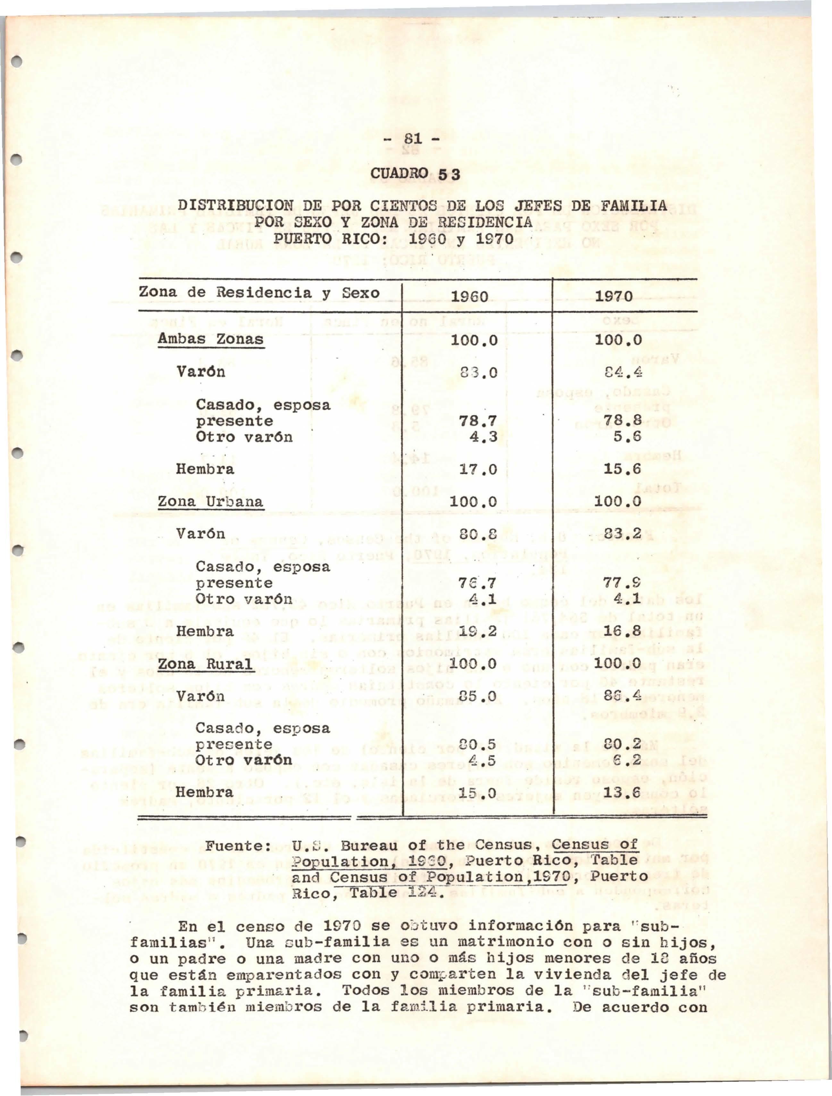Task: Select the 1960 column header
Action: (470, 296)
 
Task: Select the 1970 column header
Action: (614, 296)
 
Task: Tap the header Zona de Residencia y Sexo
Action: (259, 293)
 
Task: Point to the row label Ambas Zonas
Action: (211, 339)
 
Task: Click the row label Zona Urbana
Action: (211, 502)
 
